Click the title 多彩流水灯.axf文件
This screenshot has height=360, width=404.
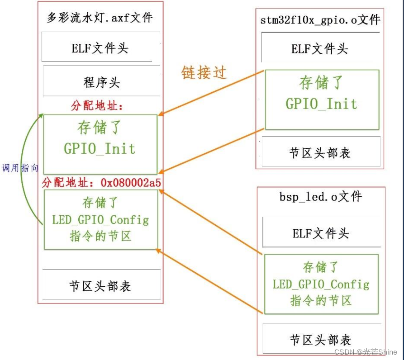point(100,19)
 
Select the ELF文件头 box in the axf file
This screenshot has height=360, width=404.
point(100,48)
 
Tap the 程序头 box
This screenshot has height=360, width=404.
point(101,82)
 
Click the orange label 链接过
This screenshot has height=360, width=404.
point(204,72)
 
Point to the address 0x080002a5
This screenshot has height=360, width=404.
point(131,183)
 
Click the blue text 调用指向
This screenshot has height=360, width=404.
point(20,168)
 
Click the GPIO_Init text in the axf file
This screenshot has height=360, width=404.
point(100,148)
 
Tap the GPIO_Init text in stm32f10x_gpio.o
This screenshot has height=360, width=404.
point(321,104)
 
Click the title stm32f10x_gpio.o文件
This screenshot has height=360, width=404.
point(320,20)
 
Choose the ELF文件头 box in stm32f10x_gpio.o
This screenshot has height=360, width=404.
point(319,49)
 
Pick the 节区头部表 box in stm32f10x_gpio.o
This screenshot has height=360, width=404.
point(319,152)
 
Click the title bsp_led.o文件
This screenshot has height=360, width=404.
point(320,197)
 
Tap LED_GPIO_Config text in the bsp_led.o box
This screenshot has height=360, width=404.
point(321,284)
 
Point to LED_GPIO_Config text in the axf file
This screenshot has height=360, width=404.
point(100,220)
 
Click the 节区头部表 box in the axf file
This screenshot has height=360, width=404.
point(100,286)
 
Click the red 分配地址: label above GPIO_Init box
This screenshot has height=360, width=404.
point(97,107)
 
